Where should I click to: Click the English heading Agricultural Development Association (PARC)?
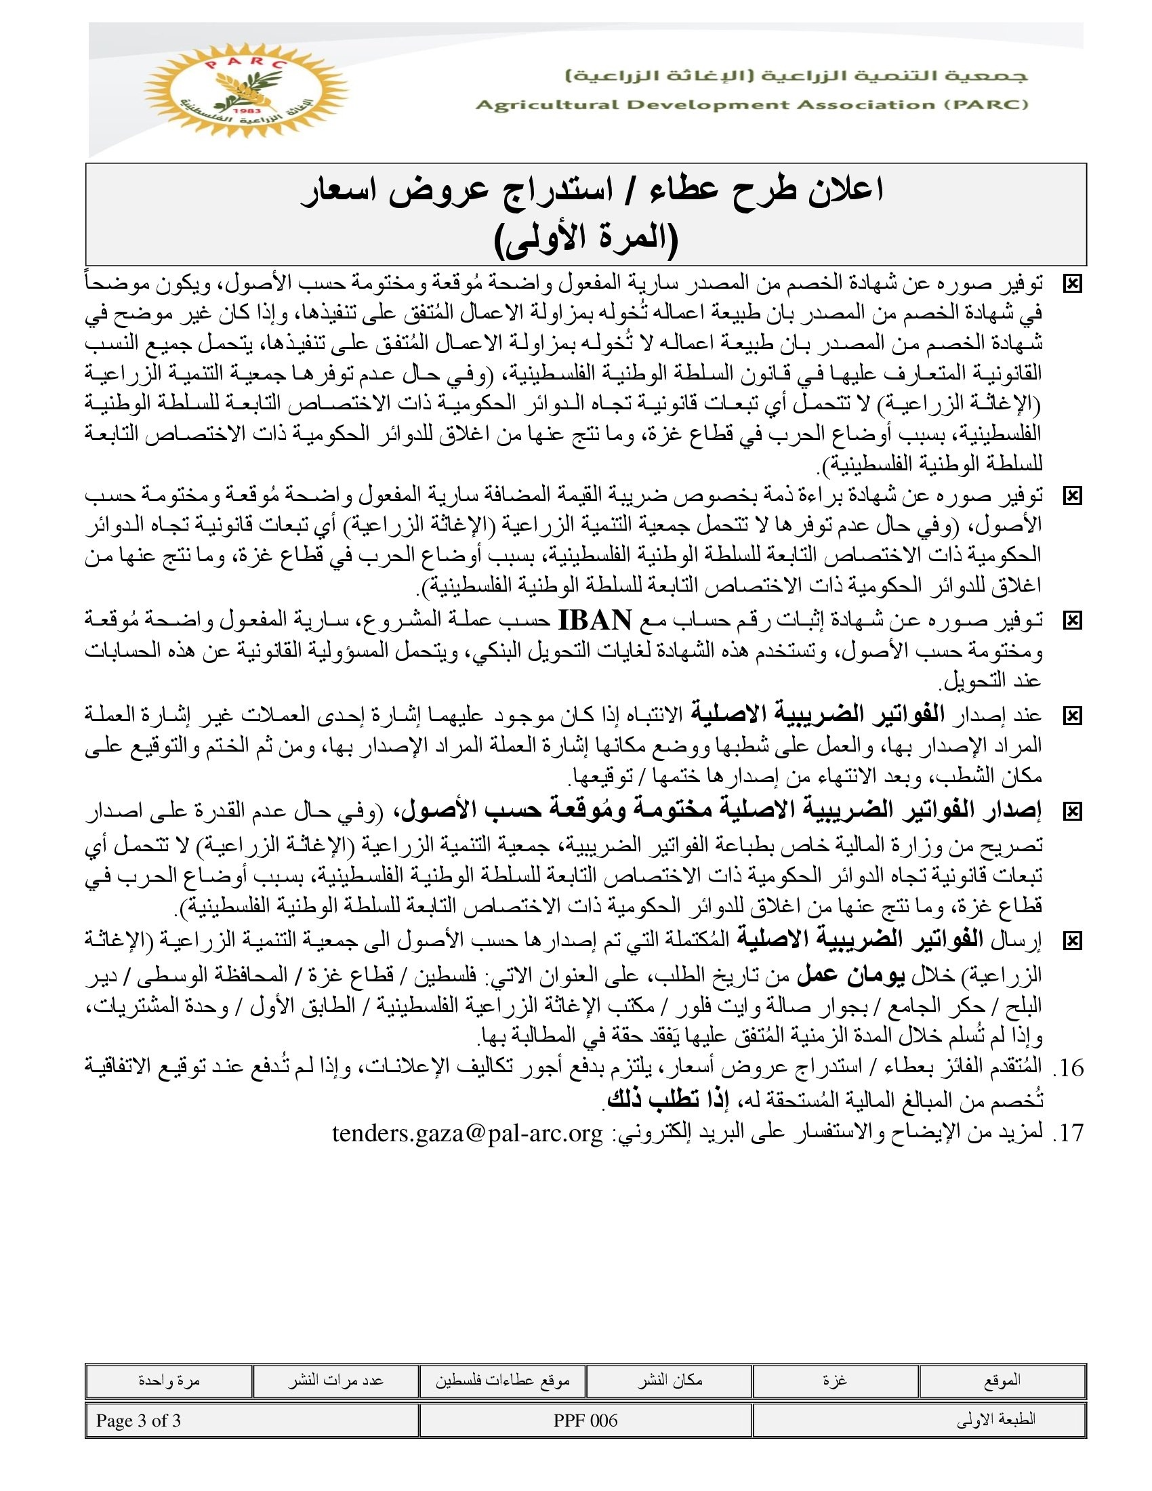(x=752, y=105)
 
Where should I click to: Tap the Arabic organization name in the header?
(x=796, y=76)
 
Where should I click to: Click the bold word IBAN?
(x=595, y=620)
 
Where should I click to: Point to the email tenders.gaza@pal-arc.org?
(x=468, y=1132)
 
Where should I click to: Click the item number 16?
(x=1069, y=1067)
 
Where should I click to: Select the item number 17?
(x=1069, y=1133)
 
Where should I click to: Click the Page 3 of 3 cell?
(x=138, y=1421)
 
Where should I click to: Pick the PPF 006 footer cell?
(x=585, y=1421)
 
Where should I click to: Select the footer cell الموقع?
(x=1002, y=1381)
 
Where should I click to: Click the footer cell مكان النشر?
(x=670, y=1381)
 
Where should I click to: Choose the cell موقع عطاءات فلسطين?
(x=502, y=1381)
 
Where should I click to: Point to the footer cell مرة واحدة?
(x=169, y=1381)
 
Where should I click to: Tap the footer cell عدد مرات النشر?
(x=335, y=1381)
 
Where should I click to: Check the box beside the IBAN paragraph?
(x=1072, y=621)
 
